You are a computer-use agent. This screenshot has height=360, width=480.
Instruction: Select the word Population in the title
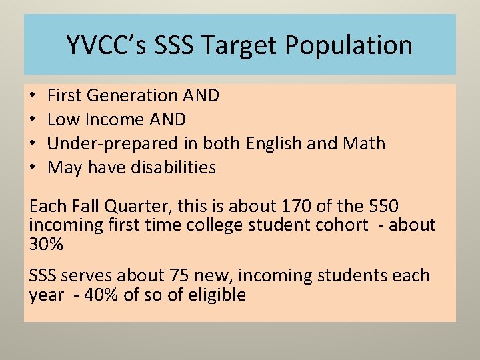pyautogui.click(x=349, y=45)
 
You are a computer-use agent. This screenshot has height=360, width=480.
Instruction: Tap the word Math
pyautogui.click(x=365, y=144)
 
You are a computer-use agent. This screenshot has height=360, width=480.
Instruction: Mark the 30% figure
pyautogui.click(x=46, y=245)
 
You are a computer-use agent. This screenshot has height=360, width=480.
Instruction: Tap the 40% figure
pyautogui.click(x=99, y=295)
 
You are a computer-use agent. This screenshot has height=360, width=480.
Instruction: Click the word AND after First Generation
pyautogui.click(x=202, y=96)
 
